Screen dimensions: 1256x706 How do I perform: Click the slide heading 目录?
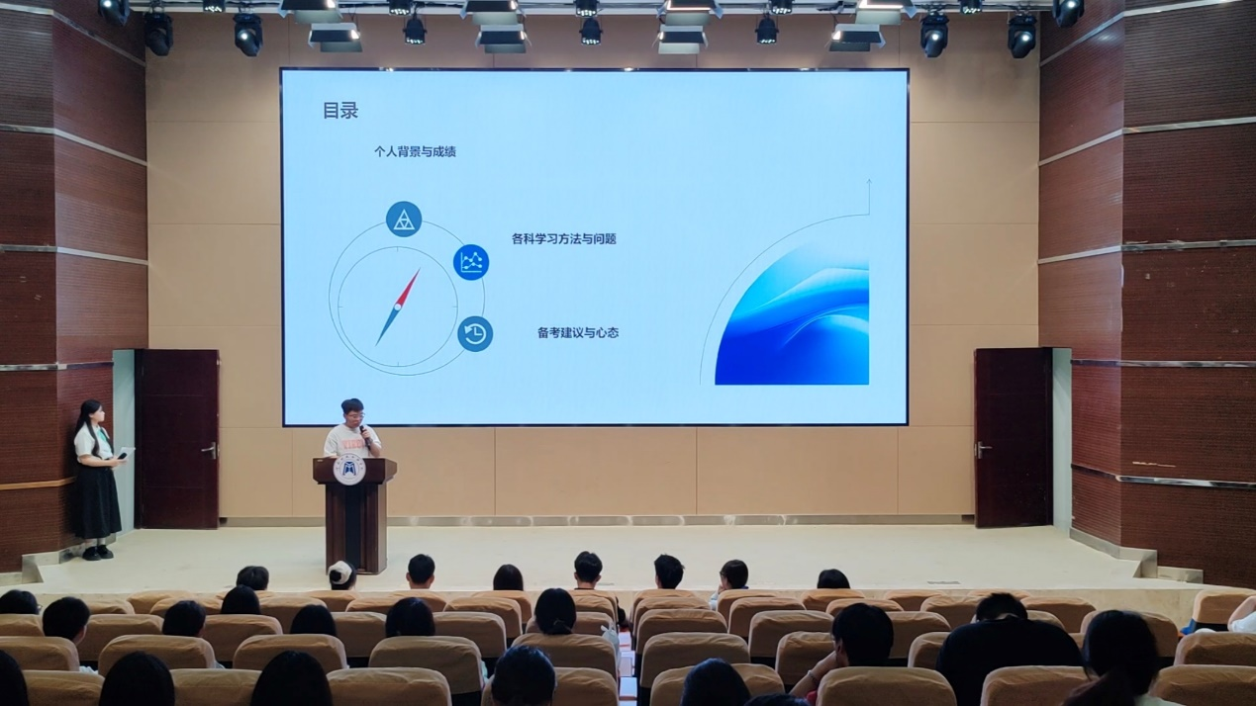(x=340, y=111)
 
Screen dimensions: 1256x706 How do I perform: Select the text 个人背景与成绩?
(x=415, y=151)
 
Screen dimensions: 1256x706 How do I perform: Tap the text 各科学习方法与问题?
(x=564, y=238)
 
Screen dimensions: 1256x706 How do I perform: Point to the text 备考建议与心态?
(x=578, y=332)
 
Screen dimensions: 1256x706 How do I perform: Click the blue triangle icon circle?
(x=404, y=220)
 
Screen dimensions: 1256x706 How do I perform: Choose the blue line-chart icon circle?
(x=471, y=262)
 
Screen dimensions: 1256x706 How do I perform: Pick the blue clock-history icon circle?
(x=475, y=334)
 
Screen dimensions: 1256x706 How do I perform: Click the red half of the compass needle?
(x=409, y=288)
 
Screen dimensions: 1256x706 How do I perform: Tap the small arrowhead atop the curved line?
(x=869, y=182)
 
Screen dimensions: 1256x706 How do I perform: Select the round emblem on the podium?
(x=348, y=472)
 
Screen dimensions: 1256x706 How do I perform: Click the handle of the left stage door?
(x=210, y=450)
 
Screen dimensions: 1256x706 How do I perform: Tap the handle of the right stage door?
(x=983, y=449)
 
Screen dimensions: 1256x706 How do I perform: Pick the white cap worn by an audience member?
(x=340, y=572)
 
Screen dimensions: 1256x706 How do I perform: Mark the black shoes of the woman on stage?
(x=98, y=553)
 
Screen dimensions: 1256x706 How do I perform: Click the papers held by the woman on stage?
(x=125, y=453)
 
